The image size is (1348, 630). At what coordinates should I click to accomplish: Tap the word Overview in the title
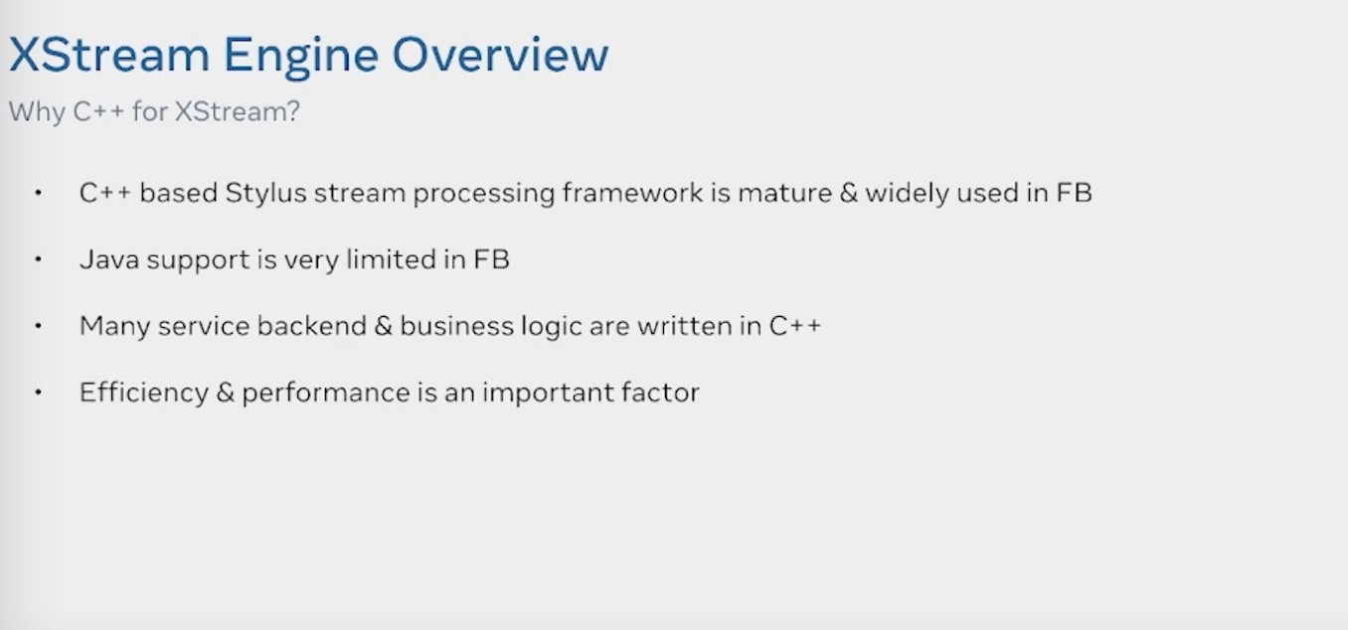point(500,55)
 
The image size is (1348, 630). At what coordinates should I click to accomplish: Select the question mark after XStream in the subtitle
point(293,111)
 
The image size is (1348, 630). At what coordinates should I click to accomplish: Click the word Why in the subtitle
point(37,112)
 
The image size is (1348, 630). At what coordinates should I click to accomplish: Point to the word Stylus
point(265,194)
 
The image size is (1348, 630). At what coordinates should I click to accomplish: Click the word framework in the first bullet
point(632,193)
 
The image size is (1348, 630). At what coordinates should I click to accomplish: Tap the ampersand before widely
point(848,193)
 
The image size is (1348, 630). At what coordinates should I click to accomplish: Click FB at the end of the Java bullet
point(491,259)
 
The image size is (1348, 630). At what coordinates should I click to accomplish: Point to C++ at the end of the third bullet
point(794,326)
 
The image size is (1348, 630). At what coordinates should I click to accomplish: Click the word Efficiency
point(144,393)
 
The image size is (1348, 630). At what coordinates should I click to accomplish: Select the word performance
point(325,393)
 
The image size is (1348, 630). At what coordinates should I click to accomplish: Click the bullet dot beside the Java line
point(38,259)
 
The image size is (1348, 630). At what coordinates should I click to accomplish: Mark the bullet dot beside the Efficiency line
point(38,393)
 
